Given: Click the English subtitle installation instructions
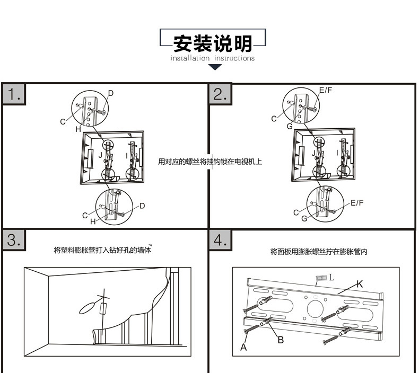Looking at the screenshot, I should (x=213, y=58).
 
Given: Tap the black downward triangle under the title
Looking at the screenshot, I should (x=214, y=67).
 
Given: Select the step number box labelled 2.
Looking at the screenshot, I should (x=220, y=94).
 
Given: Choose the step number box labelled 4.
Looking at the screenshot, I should (x=220, y=240).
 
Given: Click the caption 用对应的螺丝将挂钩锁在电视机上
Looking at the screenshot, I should (x=210, y=161).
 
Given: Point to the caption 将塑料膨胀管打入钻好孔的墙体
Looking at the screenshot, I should (x=102, y=250).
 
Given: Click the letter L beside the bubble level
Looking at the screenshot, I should (x=332, y=277).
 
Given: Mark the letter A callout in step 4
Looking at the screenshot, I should (x=244, y=348).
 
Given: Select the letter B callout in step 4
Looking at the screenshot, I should (x=281, y=340).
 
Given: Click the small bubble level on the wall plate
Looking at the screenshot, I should (x=320, y=278).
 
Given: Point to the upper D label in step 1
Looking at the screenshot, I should (x=110, y=93).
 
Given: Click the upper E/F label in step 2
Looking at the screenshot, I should (x=325, y=91).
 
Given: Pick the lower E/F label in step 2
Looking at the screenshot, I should (x=357, y=202).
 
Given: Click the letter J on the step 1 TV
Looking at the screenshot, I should (x=100, y=155).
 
